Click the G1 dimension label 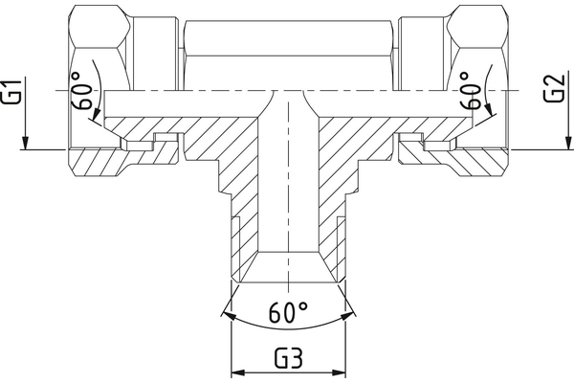point(11,93)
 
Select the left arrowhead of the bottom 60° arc point(225,312)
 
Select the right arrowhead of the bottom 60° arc point(350,312)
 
